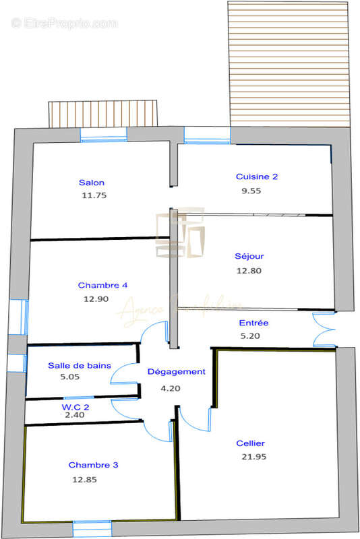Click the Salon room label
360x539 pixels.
click(x=92, y=183)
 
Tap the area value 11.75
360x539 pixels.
click(x=93, y=195)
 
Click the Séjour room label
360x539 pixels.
click(x=249, y=256)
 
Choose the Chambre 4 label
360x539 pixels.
click(x=102, y=285)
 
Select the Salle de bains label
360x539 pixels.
click(x=80, y=365)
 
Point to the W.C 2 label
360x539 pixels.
click(x=76, y=407)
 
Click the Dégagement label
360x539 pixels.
click(x=176, y=372)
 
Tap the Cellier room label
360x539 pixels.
click(x=250, y=443)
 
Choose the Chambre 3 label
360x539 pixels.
click(x=94, y=466)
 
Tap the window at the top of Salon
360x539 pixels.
click(x=104, y=135)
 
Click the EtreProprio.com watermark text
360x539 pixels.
click(x=65, y=24)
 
